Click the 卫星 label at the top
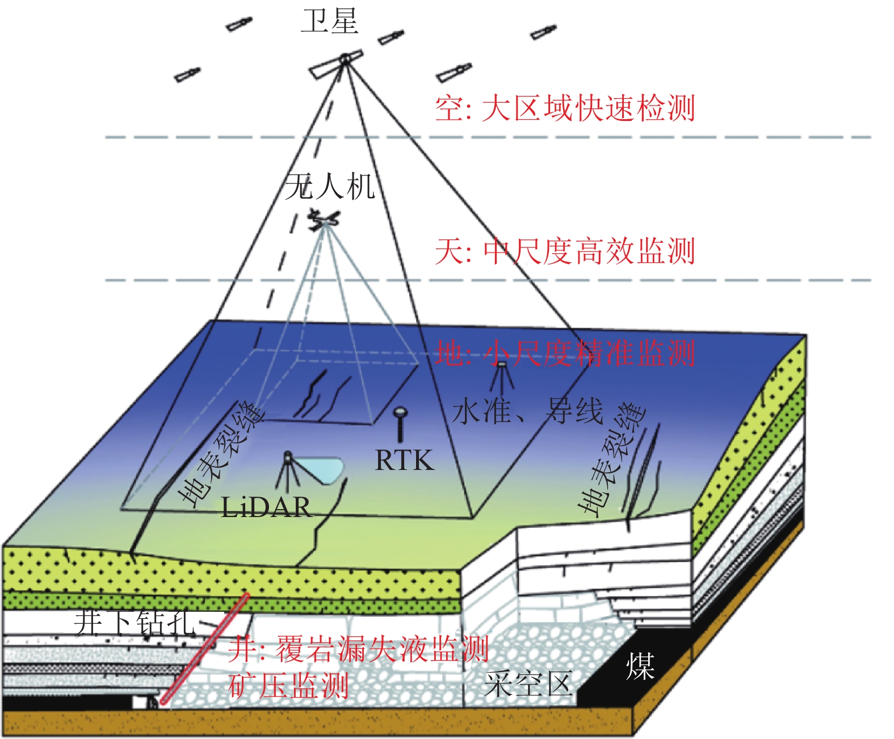click(x=329, y=22)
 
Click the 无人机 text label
click(x=330, y=186)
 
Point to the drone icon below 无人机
click(x=324, y=220)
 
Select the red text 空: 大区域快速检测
click(x=565, y=108)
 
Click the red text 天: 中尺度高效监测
click(x=565, y=251)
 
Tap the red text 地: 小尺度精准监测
click(x=565, y=353)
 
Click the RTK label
click(x=404, y=460)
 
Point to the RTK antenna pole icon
click(x=400, y=423)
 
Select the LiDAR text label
click(x=266, y=507)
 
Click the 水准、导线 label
click(x=527, y=411)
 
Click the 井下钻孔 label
click(x=135, y=622)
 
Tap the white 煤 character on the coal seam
click(x=640, y=666)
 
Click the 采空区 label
click(x=528, y=684)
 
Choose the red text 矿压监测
click(x=288, y=685)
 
